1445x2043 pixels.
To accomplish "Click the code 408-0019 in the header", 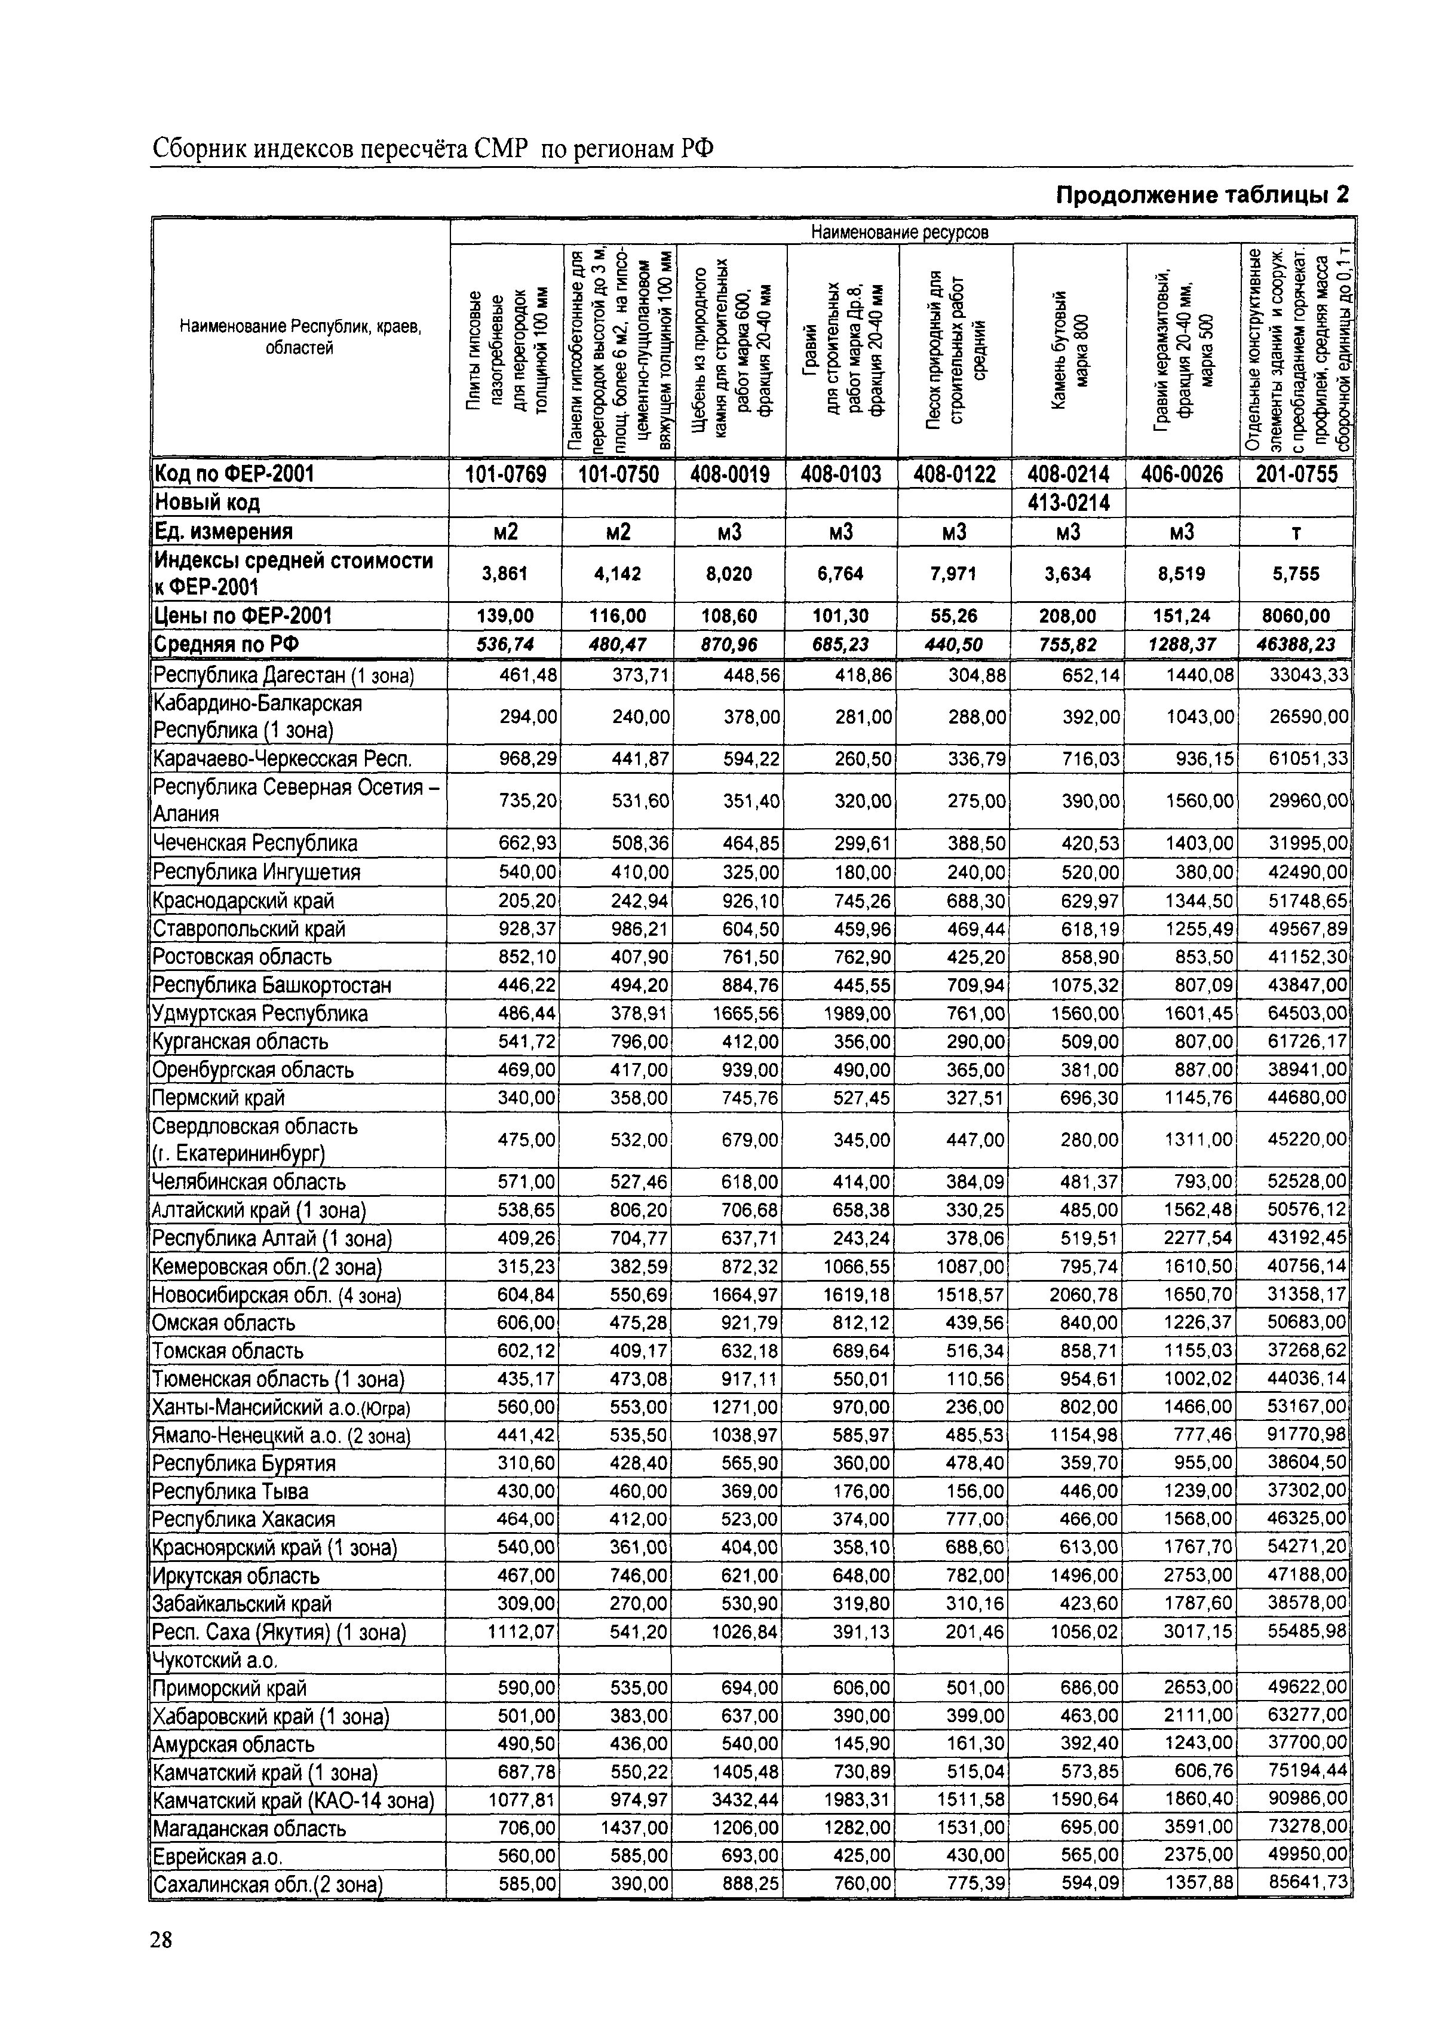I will click(729, 474).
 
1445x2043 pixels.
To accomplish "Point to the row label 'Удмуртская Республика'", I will click(260, 1013).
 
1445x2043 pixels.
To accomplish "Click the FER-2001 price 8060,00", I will click(1296, 615).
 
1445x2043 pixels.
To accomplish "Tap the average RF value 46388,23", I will click(1296, 644).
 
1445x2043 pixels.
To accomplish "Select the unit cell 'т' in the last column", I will click(1296, 532).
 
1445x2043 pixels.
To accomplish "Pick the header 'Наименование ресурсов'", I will click(900, 232).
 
